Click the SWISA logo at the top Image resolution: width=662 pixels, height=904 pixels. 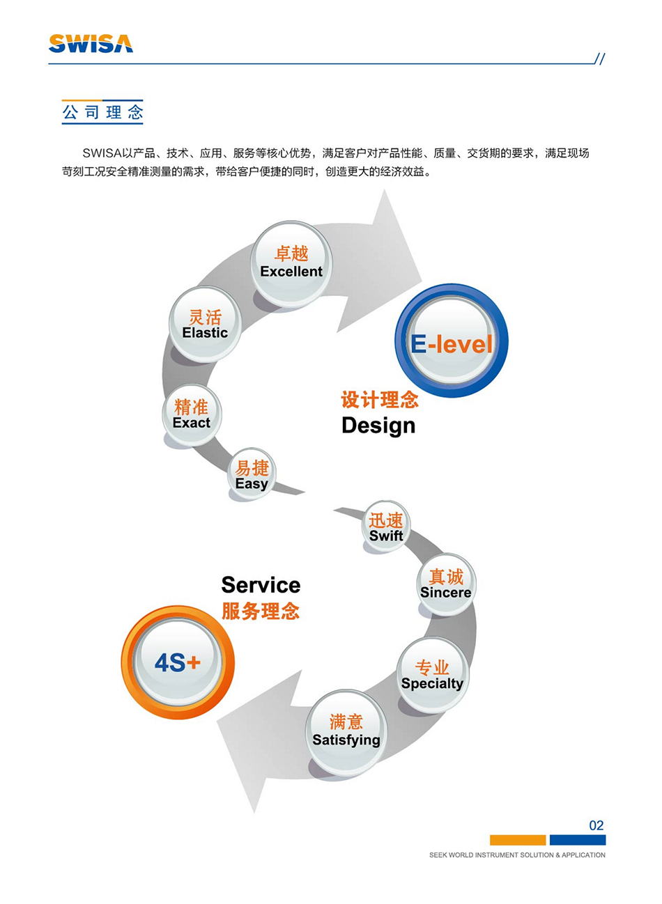[91, 44]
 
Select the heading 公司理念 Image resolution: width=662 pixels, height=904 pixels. [102, 112]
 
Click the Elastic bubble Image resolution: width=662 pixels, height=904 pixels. [205, 325]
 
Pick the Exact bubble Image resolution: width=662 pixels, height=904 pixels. [192, 414]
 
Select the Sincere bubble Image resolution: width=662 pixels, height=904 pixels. [445, 584]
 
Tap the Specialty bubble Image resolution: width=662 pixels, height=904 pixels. [432, 675]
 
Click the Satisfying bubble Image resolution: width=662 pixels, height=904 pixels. [346, 731]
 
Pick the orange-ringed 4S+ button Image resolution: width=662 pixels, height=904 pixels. [178, 662]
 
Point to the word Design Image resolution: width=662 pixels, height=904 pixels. [378, 426]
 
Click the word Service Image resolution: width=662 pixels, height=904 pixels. [261, 584]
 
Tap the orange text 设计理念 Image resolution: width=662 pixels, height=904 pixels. [380, 400]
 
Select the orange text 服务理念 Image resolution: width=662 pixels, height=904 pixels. [261, 611]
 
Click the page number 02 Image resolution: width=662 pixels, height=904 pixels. [596, 825]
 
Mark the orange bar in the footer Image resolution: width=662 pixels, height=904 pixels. [518, 840]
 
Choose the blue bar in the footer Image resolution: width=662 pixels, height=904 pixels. [578, 840]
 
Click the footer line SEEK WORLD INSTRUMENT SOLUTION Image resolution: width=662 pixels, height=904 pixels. [517, 855]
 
